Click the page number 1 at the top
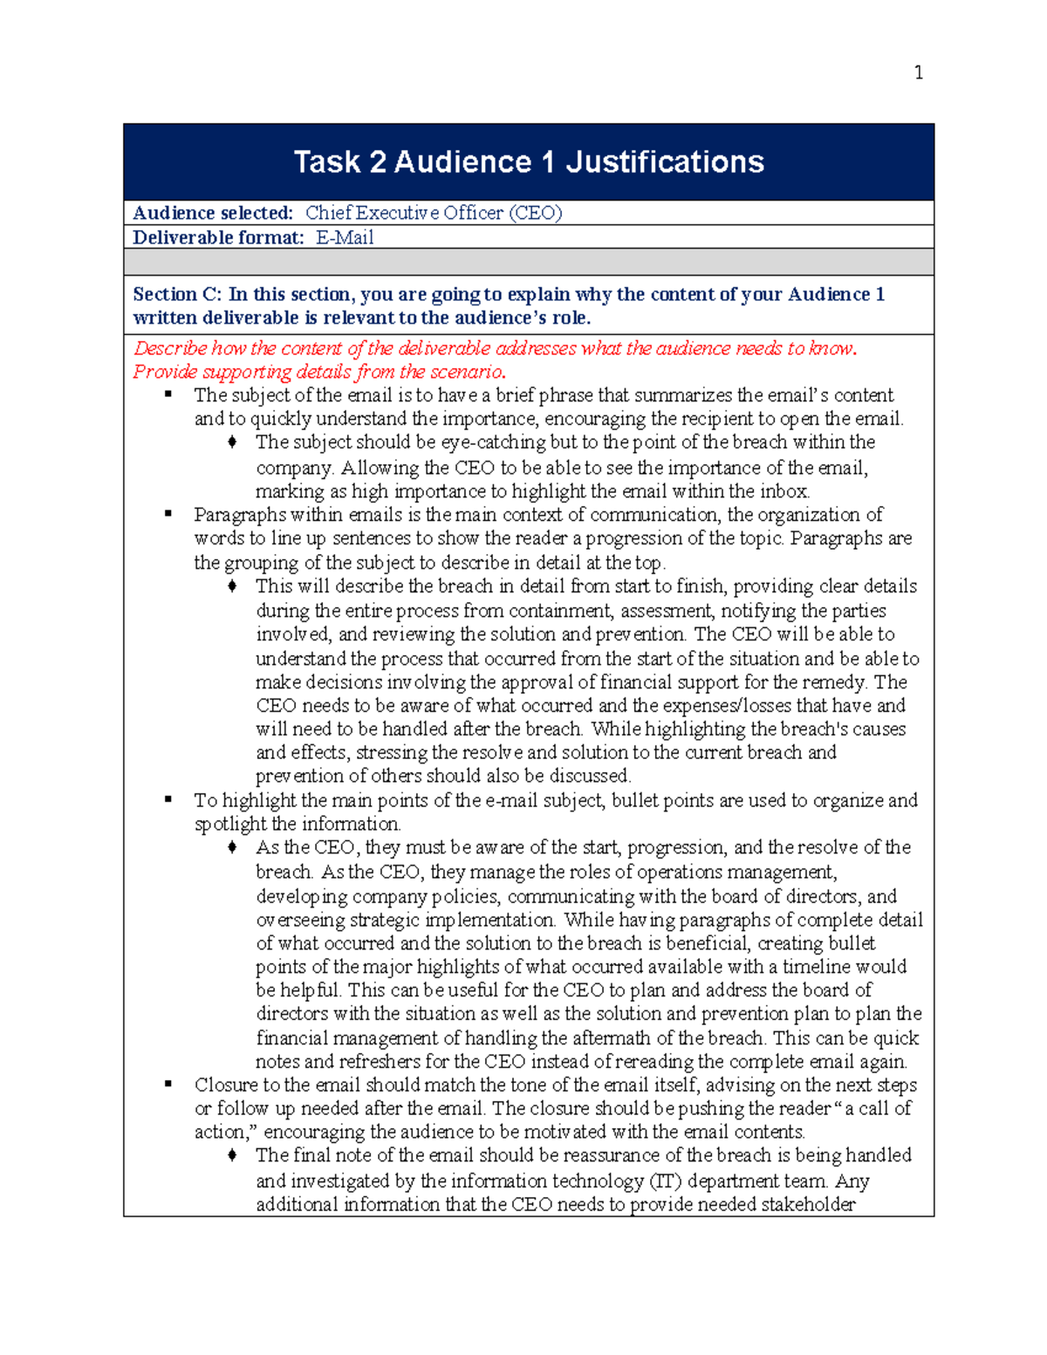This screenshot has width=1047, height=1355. (918, 72)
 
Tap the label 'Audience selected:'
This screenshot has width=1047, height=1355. (213, 213)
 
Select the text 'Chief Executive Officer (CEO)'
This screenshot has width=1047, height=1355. (434, 213)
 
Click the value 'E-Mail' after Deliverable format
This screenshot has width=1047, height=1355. (345, 237)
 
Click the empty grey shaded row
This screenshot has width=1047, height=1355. (528, 262)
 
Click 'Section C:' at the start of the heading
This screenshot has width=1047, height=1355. (177, 294)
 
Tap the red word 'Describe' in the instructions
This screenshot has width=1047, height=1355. (170, 348)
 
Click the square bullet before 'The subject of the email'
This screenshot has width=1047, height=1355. (168, 394)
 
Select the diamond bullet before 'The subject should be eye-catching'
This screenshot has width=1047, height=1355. (232, 442)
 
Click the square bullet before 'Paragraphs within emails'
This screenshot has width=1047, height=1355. (168, 514)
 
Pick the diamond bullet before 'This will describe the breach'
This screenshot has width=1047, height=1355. (232, 586)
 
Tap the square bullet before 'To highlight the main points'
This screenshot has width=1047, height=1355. (168, 799)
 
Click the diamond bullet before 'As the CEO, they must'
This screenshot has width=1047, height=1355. (232, 847)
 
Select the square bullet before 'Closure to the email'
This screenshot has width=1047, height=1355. (168, 1085)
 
